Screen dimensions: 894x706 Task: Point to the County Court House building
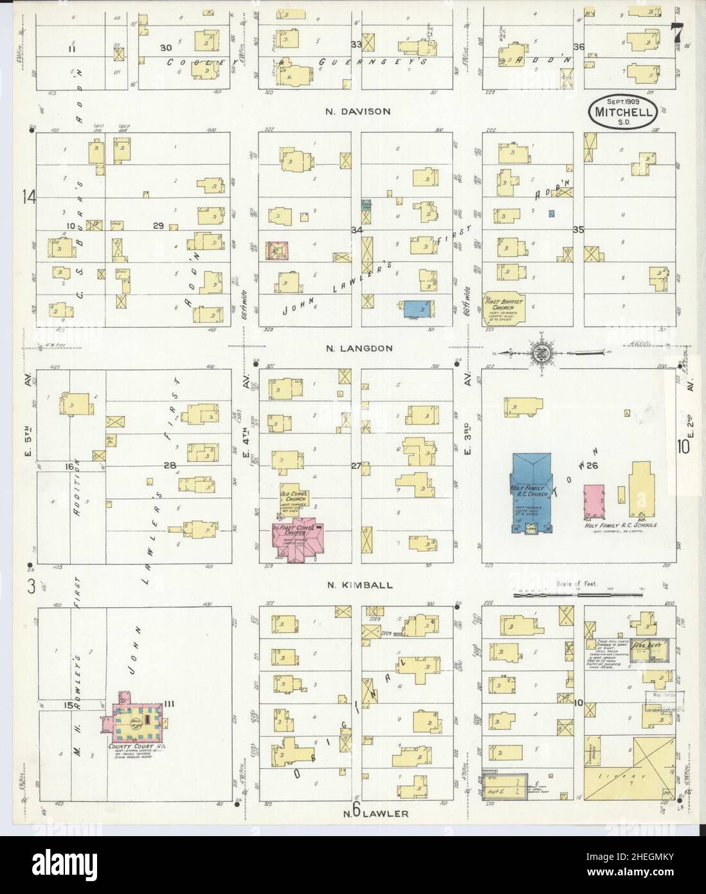click(137, 722)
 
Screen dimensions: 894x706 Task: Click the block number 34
click(355, 230)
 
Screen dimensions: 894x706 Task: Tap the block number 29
click(158, 225)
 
